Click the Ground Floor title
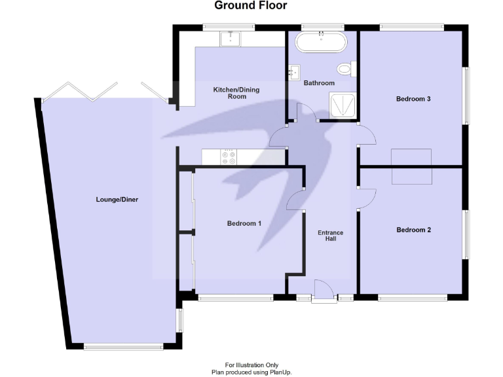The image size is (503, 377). (251, 6)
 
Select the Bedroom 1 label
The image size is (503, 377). (244, 224)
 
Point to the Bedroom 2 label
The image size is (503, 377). (414, 230)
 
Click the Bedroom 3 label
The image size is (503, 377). (413, 99)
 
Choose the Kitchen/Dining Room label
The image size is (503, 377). (229, 93)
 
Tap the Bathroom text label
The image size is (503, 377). (319, 83)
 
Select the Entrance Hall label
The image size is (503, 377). (330, 236)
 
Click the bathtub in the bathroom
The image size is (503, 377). (322, 43)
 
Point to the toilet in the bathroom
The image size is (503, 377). (345, 69)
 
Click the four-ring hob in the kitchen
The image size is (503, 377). (229, 158)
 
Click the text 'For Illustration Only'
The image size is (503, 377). (251, 365)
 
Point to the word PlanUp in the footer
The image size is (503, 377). (280, 372)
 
